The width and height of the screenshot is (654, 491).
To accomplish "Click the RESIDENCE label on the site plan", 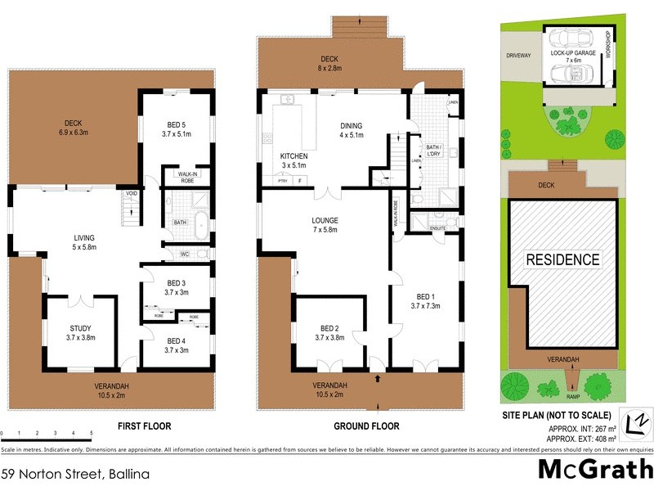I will click(x=562, y=260).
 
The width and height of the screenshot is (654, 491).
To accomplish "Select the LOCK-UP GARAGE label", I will click(x=571, y=52).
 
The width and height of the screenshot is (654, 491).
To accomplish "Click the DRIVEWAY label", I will click(x=518, y=56).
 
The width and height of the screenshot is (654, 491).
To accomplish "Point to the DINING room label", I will click(x=351, y=126).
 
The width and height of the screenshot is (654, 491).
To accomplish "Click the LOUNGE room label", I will click(x=325, y=221).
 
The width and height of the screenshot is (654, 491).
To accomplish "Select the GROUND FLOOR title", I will click(x=366, y=426).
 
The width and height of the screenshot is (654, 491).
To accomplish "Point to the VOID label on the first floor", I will click(x=132, y=194).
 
